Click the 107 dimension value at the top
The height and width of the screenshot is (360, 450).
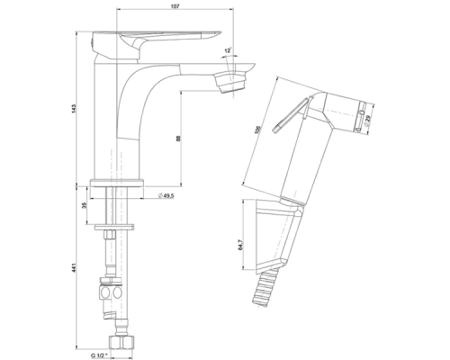click(x=175, y=6)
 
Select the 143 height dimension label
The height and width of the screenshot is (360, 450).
click(x=74, y=109)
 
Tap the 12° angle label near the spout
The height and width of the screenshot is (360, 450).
click(x=228, y=50)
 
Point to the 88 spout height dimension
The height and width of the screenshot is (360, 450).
click(x=178, y=139)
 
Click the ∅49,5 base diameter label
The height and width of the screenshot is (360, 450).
click(x=166, y=195)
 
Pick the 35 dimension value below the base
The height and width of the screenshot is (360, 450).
click(x=84, y=205)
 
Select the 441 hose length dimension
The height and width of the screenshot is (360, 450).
click(x=74, y=268)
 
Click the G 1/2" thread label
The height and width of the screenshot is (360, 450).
click(x=99, y=355)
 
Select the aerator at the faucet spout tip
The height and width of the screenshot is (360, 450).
click(x=230, y=82)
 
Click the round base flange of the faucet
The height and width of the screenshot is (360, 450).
click(x=117, y=183)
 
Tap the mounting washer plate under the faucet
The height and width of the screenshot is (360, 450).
click(x=114, y=227)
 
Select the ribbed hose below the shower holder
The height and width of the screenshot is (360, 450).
click(x=265, y=288)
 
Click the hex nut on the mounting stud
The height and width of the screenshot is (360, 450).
click(x=109, y=234)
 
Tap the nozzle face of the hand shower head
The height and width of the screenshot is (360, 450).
click(x=362, y=117)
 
